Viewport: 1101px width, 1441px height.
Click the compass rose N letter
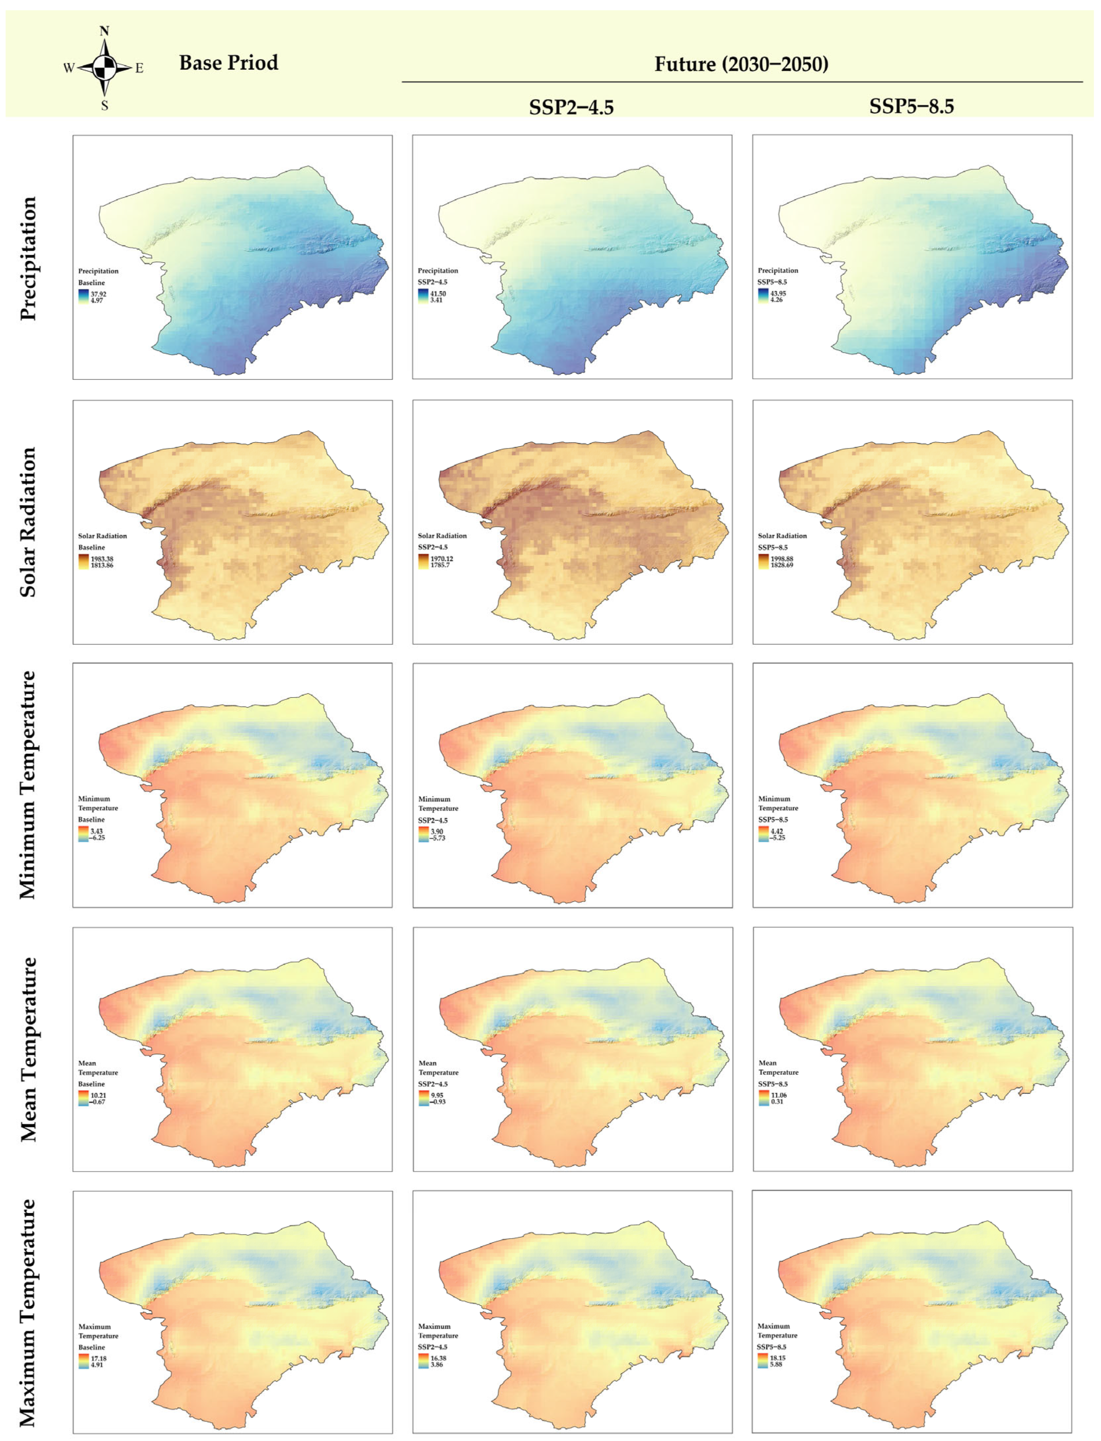click(104, 31)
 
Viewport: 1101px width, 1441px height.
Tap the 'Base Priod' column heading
click(229, 63)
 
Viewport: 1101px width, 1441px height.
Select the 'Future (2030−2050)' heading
click(741, 64)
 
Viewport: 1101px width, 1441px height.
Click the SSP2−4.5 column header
click(572, 107)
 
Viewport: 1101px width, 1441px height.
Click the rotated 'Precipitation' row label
click(28, 258)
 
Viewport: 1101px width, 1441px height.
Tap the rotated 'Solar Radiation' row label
click(28, 522)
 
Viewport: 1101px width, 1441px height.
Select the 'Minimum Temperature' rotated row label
click(28, 785)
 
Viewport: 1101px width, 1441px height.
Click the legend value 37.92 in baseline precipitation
click(98, 294)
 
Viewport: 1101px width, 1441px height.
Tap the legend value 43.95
click(778, 294)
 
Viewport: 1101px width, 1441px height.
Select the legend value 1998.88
click(782, 559)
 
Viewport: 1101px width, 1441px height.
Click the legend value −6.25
click(97, 837)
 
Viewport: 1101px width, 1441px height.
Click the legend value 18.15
click(777, 1358)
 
